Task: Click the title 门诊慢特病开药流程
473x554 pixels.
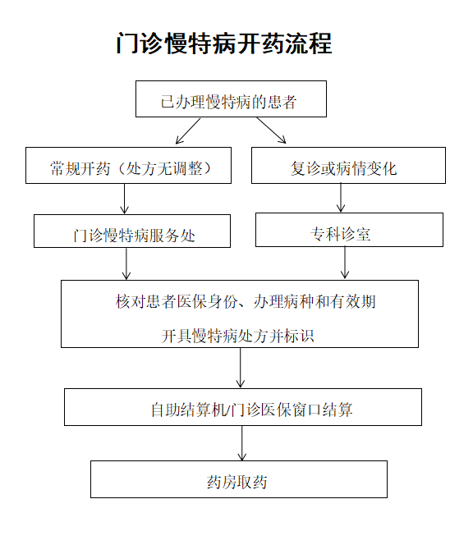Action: (x=224, y=43)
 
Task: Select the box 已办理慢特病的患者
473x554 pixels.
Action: (x=231, y=99)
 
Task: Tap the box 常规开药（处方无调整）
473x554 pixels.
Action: (x=128, y=165)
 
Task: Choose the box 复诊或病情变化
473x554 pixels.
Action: (x=348, y=165)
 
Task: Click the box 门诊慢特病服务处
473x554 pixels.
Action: (x=132, y=231)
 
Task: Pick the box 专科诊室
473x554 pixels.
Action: (x=349, y=230)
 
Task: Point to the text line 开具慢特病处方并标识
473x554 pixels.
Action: (x=237, y=336)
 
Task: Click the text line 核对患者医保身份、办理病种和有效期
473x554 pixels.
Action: (x=246, y=301)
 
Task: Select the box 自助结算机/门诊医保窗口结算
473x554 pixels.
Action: (x=243, y=407)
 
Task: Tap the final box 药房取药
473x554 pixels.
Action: (x=239, y=479)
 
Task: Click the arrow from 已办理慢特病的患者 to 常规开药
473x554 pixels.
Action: (x=188, y=130)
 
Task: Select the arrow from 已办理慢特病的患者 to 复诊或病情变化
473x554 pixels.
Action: (x=271, y=130)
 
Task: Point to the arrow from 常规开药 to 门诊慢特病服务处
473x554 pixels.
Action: (x=125, y=199)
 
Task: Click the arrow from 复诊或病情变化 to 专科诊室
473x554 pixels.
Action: (x=341, y=197)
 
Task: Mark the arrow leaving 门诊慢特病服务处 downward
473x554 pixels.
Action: (x=126, y=263)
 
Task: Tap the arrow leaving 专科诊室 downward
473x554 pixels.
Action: (x=345, y=262)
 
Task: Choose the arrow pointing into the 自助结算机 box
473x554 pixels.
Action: (x=241, y=368)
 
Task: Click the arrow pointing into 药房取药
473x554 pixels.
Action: (x=242, y=443)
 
